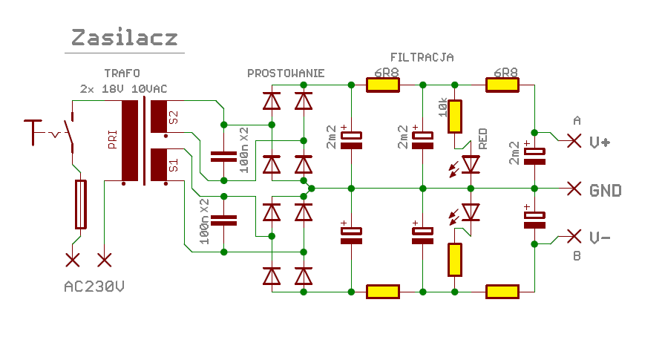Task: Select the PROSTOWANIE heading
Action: coord(286,73)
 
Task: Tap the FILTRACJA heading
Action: coord(422,57)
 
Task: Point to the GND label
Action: coord(605,190)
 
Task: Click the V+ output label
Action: coord(600,141)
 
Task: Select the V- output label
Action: coord(600,238)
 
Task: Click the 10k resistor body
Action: coord(455,117)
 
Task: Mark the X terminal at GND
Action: coord(573,189)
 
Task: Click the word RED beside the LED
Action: coord(483,139)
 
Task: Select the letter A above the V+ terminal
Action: coord(577,120)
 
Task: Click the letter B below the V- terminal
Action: coord(577,257)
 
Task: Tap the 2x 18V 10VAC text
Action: coord(124,89)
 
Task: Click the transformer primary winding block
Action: coord(131,141)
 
